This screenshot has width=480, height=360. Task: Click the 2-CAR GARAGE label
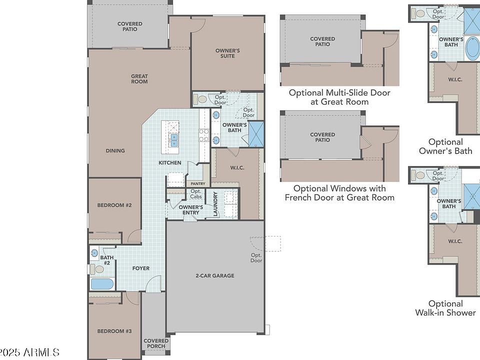215,275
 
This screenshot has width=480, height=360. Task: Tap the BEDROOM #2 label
114,205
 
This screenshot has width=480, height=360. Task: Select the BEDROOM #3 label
114,331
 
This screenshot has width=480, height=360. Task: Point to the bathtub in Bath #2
102,284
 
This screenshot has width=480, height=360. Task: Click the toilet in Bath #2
97,269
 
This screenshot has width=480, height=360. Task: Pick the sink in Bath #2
94,253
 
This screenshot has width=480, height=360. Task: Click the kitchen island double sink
174,140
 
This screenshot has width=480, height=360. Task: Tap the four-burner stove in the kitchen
204,135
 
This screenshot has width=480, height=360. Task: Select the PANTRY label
198,183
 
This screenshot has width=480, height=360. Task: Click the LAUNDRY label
215,204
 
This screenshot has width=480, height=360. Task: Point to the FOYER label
141,268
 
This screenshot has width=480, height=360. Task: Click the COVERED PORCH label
156,343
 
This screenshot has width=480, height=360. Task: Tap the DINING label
115,150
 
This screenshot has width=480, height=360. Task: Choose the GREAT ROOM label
139,78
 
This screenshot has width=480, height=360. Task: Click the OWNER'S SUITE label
227,53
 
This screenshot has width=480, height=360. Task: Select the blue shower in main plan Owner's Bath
256,134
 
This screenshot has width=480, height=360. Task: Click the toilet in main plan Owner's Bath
200,99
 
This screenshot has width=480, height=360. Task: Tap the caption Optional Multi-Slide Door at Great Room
339,97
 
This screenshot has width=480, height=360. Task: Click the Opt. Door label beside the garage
256,258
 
